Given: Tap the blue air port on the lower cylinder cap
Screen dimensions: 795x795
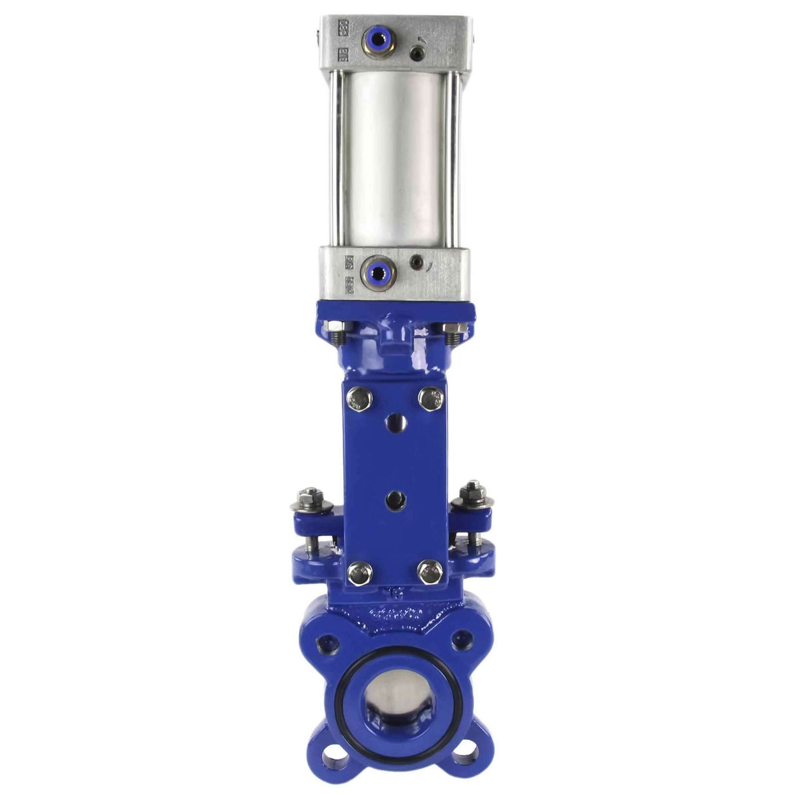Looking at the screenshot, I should (x=377, y=270).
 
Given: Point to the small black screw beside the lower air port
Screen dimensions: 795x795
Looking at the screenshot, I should (x=415, y=263).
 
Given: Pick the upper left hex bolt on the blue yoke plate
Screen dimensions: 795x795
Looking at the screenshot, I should (x=358, y=397).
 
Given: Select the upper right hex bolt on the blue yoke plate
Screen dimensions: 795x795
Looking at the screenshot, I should (x=430, y=397).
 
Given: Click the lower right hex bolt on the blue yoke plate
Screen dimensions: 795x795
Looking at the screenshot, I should (x=430, y=574).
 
